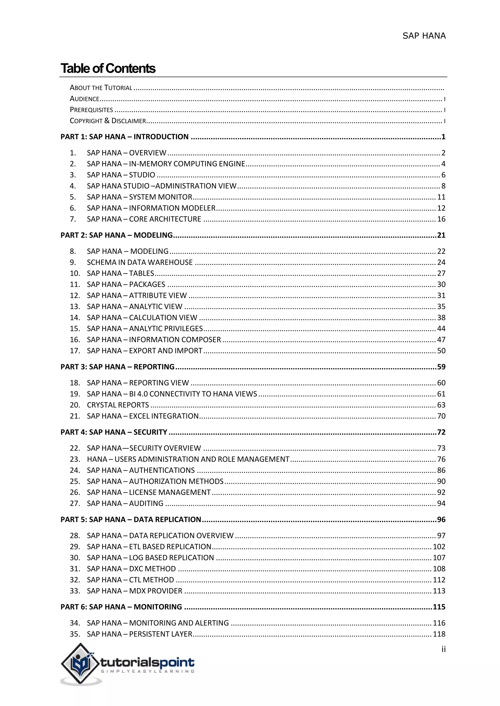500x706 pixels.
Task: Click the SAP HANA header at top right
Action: (424, 36)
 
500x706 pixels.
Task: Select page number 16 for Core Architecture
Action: (441, 219)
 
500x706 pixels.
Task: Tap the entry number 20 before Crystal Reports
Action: (75, 405)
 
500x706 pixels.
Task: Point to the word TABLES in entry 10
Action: (142, 273)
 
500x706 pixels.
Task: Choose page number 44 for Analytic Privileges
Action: (441, 328)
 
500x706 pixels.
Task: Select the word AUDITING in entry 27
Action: (146, 503)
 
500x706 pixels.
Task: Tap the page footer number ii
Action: (443, 649)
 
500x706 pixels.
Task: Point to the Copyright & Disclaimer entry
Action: (108, 121)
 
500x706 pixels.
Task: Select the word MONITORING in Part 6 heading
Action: (158, 607)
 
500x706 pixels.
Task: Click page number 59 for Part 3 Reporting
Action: (441, 367)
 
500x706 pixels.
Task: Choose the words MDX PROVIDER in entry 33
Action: (156, 591)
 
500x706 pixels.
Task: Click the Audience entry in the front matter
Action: (84, 99)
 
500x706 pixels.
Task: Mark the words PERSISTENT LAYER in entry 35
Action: (161, 634)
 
